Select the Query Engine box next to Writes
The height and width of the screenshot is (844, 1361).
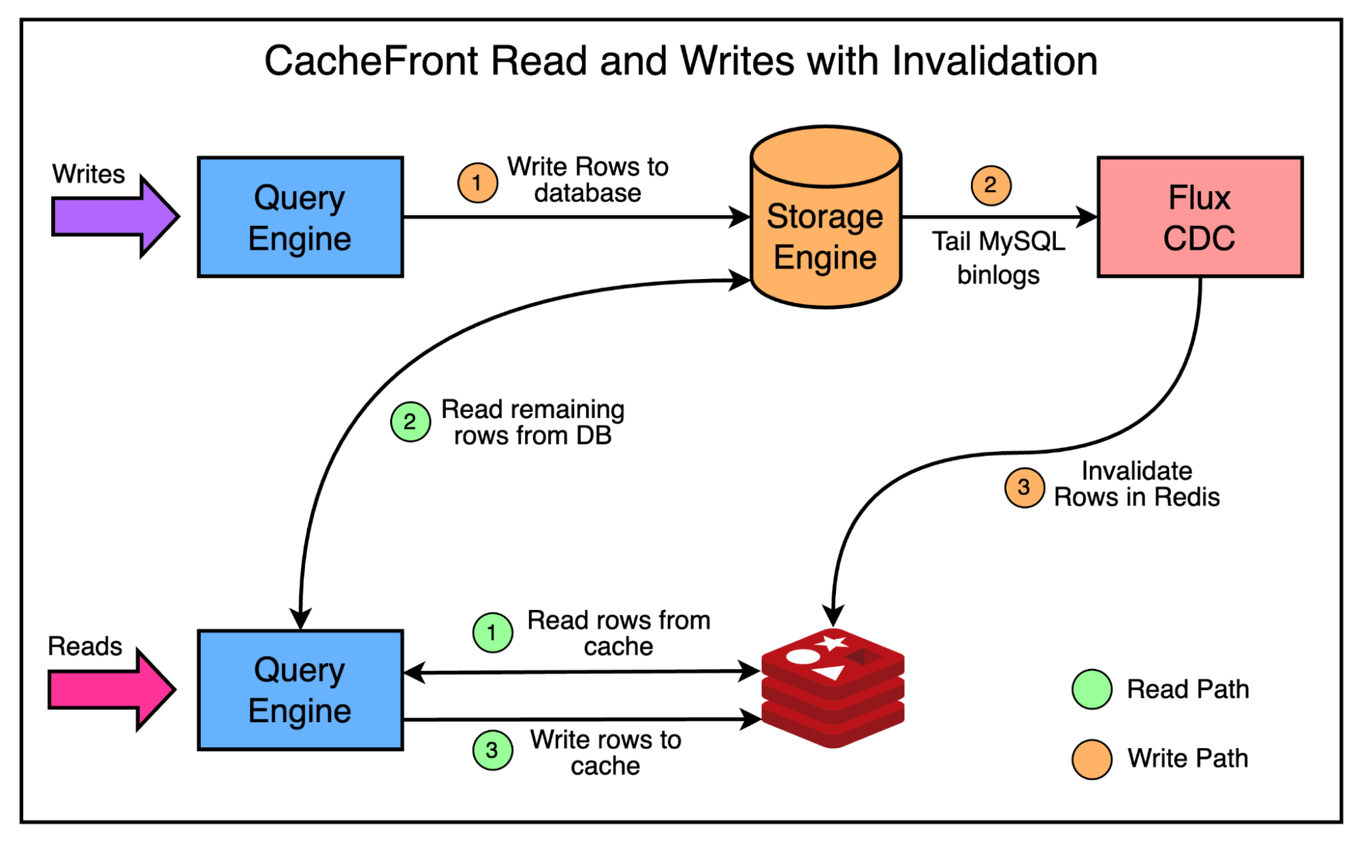click(x=300, y=217)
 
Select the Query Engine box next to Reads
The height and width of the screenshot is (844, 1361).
click(x=300, y=690)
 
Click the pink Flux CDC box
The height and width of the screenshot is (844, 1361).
click(x=1200, y=217)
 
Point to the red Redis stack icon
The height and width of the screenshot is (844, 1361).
click(x=833, y=687)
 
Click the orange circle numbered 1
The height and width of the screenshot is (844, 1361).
click(x=477, y=182)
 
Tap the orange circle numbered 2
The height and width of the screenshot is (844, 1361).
click(x=991, y=184)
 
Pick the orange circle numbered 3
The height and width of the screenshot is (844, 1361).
click(x=1024, y=487)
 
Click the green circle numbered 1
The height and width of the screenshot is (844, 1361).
click(x=492, y=632)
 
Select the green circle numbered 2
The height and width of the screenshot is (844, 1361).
click(x=410, y=421)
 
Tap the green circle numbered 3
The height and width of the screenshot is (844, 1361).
click(x=492, y=750)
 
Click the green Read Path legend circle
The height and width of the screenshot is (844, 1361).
click(x=1091, y=689)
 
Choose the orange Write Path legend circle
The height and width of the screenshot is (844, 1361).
click(x=1091, y=759)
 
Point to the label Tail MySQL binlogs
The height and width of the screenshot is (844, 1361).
click(x=998, y=258)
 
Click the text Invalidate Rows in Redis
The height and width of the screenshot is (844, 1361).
click(x=1136, y=484)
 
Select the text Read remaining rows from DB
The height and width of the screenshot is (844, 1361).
click(x=532, y=422)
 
